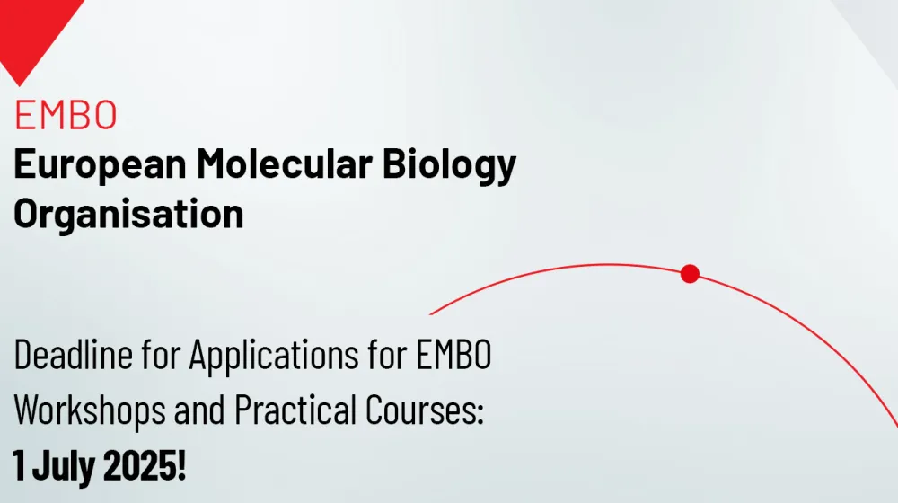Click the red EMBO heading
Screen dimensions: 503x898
pos(66,114)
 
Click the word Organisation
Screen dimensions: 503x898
pos(128,215)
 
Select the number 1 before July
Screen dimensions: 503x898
pos(19,466)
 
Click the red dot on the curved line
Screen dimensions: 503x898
pos(690,274)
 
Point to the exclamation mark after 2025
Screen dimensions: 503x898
pos(181,466)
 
